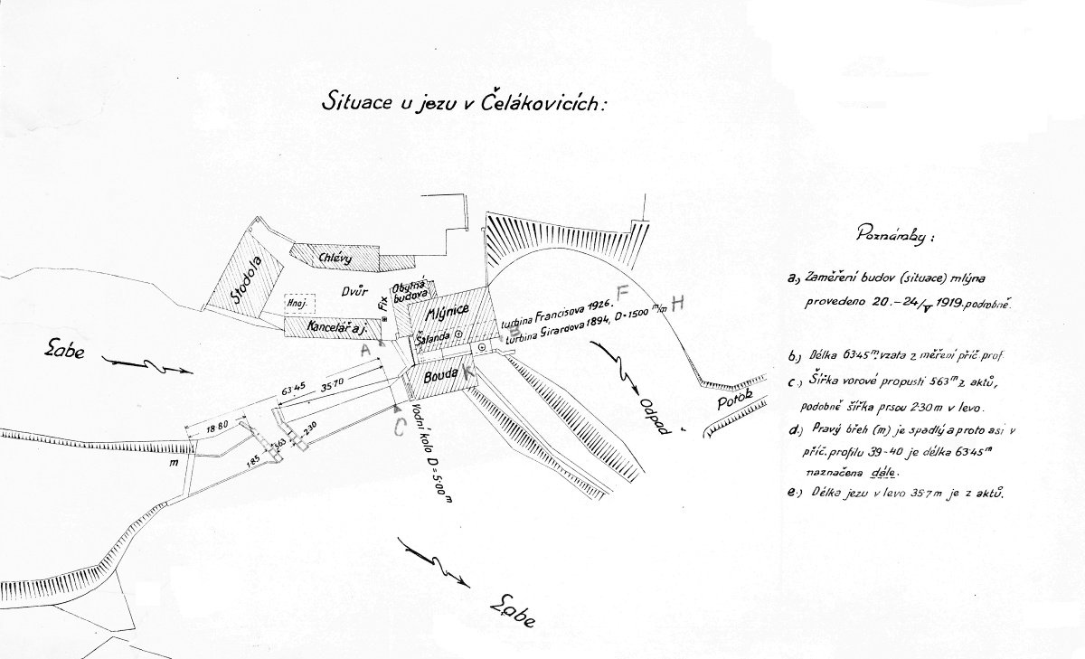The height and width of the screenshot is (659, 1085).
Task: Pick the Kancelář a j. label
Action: click(x=327, y=324)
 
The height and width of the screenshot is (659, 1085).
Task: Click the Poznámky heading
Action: click(x=895, y=236)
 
